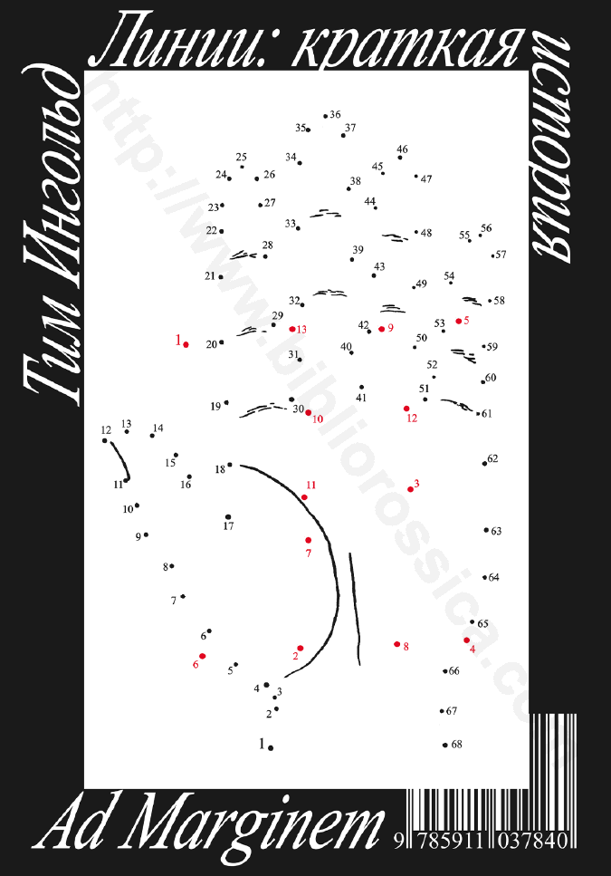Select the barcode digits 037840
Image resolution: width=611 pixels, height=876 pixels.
(532, 841)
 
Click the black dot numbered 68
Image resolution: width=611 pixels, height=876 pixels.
(444, 745)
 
